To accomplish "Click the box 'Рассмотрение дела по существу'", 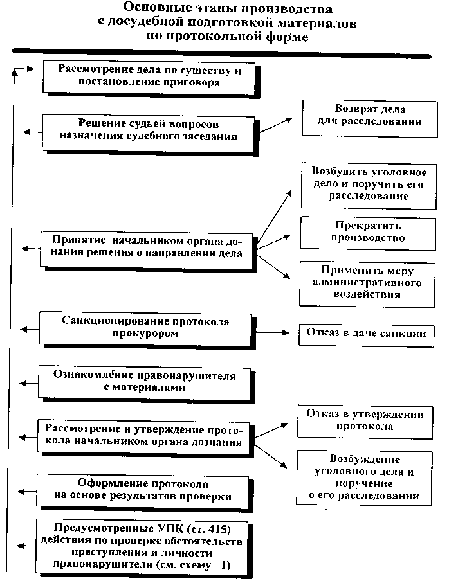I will click(x=149, y=76).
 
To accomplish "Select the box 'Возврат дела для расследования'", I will click(x=370, y=116).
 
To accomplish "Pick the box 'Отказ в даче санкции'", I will click(x=366, y=334).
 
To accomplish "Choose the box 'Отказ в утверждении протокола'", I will click(x=365, y=420).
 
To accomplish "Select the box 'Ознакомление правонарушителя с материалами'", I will click(x=144, y=382).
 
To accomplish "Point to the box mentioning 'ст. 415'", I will click(x=142, y=546).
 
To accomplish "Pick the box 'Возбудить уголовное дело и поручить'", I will click(x=369, y=184).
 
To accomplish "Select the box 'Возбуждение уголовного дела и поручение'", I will click(x=364, y=478).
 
